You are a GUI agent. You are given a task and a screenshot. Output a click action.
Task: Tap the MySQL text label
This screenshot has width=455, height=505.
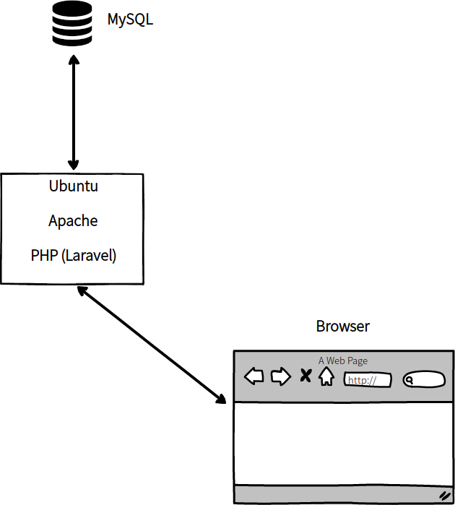coord(131,20)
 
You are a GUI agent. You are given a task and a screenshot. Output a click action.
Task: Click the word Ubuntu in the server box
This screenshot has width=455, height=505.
coord(73,186)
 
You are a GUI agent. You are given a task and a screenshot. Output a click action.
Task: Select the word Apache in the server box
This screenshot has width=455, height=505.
coord(73,221)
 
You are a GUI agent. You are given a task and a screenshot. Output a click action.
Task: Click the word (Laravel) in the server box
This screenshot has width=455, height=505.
coord(90,256)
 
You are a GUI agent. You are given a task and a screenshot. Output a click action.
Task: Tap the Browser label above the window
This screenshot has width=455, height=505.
coord(342,326)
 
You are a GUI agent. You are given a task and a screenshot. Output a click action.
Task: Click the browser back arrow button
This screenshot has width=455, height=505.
coord(254,376)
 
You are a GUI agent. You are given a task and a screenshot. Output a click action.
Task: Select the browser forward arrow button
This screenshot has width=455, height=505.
coord(280,376)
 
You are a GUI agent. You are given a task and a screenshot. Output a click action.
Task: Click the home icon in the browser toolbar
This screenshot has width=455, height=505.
coord(326,376)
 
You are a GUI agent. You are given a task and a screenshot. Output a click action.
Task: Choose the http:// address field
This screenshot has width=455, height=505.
coord(368,380)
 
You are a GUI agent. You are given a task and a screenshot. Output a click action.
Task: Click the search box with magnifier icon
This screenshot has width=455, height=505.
coord(424,380)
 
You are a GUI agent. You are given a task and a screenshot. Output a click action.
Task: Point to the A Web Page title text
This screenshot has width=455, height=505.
coord(343,361)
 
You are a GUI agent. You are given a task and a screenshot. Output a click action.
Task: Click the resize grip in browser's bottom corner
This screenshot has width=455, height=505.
coord(445,495)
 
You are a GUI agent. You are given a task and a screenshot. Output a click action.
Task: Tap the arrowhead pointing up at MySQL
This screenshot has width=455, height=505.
coord(72,64)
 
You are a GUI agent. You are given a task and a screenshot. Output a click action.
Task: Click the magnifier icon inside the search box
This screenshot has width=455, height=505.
coord(409,380)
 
